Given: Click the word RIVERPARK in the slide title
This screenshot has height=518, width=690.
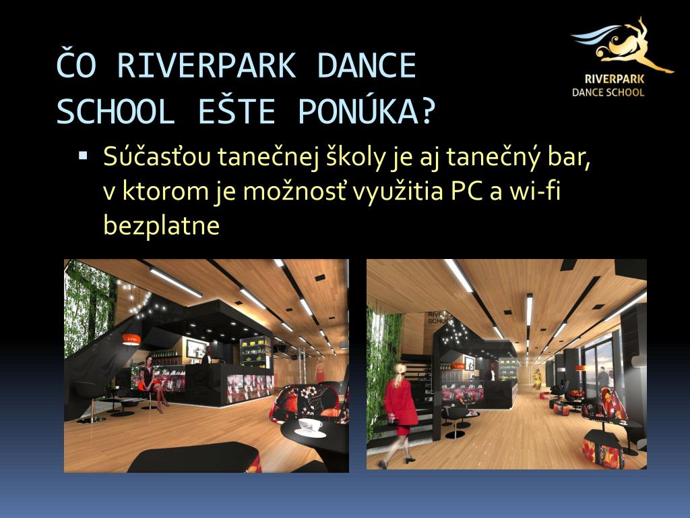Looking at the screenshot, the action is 206,65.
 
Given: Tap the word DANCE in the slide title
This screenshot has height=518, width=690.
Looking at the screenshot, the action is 366,65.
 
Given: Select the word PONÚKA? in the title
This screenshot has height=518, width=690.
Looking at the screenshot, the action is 367,111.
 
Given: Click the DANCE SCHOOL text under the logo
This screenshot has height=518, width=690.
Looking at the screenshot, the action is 608,92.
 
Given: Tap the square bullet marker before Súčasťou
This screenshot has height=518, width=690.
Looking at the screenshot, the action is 83,156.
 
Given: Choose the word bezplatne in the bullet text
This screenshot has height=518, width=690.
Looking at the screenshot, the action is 161,225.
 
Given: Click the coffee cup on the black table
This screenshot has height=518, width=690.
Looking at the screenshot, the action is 310,426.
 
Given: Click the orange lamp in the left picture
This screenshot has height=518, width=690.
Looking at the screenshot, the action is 131,339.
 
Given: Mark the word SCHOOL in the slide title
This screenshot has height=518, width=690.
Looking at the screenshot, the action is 116,111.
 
